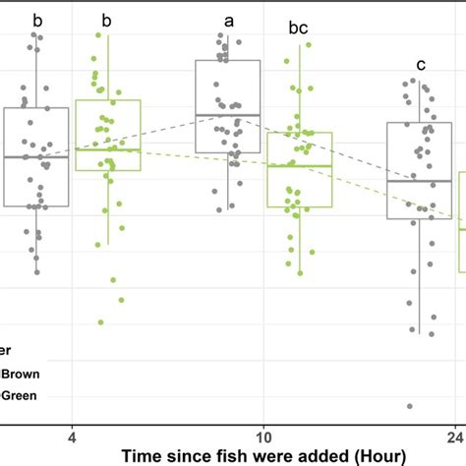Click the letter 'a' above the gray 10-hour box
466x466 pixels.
(x=229, y=21)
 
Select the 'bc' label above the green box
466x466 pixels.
(x=298, y=29)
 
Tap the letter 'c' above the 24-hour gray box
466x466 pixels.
(x=421, y=66)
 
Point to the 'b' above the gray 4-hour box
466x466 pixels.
(x=37, y=20)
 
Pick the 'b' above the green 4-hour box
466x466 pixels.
(x=107, y=20)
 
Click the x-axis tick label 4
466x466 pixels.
(x=72, y=435)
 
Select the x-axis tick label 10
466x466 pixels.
(x=263, y=435)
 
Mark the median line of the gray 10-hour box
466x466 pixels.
(x=228, y=115)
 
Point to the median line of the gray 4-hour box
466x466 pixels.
(x=36, y=157)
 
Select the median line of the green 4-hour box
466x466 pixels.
(x=108, y=149)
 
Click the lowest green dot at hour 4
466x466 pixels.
(x=100, y=321)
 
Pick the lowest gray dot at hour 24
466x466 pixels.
(x=410, y=406)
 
